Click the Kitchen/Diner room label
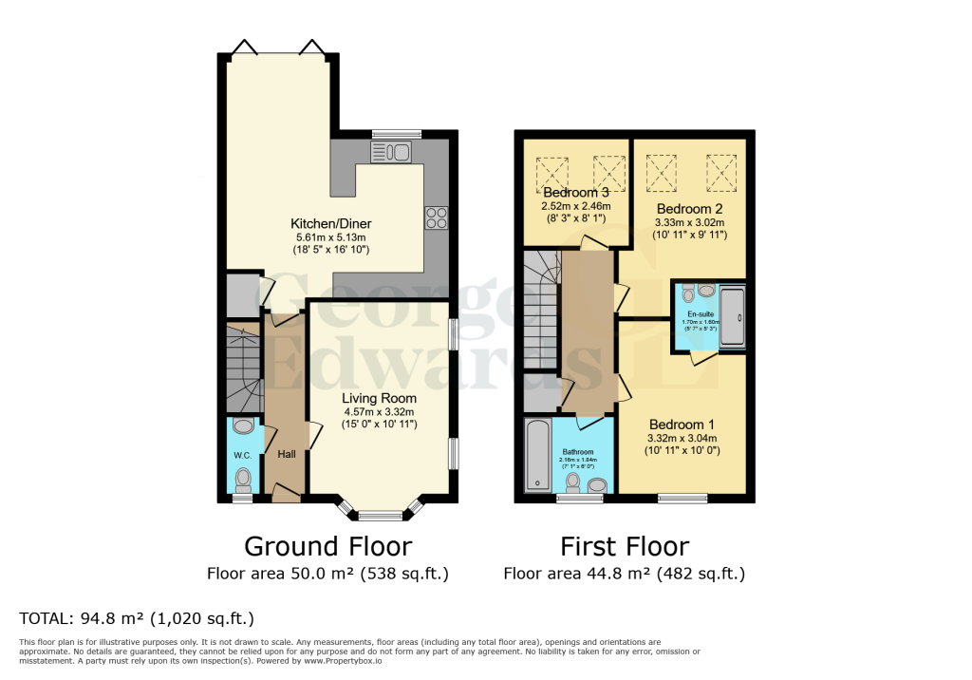tap(328, 223)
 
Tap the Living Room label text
tap(380, 399)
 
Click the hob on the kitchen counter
tap(437, 217)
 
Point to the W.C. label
tap(243, 455)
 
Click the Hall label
tap(287, 455)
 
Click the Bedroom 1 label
tap(682, 424)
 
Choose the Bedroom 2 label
tap(689, 209)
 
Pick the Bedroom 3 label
tap(575, 193)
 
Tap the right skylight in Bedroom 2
tap(721, 172)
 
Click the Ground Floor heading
tap(327, 546)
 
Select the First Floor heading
tap(624, 546)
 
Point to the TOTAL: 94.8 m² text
tap(137, 619)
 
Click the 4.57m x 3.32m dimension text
tap(380, 412)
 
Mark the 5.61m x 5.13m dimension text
tap(328, 236)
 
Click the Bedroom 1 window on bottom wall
tap(682, 497)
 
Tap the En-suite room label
tap(701, 313)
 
